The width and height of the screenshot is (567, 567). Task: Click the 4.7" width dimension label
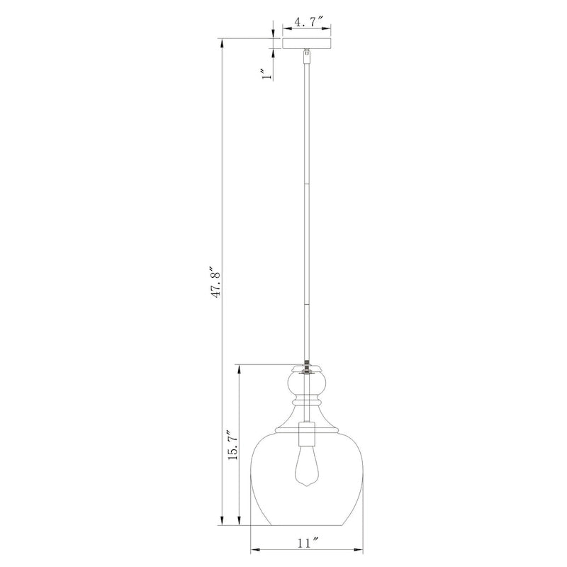tap(307, 22)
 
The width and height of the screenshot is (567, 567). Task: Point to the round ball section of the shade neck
tap(307, 386)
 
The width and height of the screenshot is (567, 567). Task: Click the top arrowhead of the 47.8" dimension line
tap(224, 42)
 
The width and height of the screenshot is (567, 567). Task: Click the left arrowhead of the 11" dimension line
tap(254, 550)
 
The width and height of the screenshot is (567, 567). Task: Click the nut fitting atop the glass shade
tap(307, 367)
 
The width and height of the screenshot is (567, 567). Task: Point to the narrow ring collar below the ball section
tap(307, 403)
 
